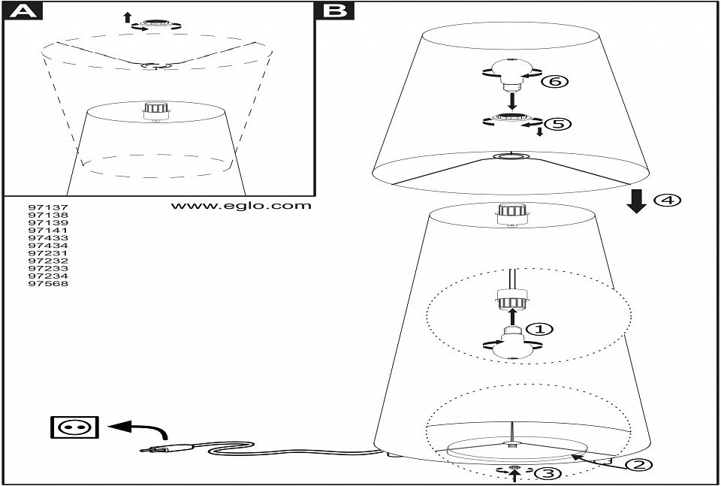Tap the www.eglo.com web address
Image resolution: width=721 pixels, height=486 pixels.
point(240,205)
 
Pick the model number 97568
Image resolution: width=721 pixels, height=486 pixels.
point(47,283)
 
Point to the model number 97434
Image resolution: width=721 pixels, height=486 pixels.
point(47,245)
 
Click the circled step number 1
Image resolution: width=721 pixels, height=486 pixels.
point(538,329)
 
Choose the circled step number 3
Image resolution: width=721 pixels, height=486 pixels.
point(548,473)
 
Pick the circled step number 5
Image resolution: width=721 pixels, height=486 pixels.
point(556,122)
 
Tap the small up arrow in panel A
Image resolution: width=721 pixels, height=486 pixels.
point(127,17)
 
